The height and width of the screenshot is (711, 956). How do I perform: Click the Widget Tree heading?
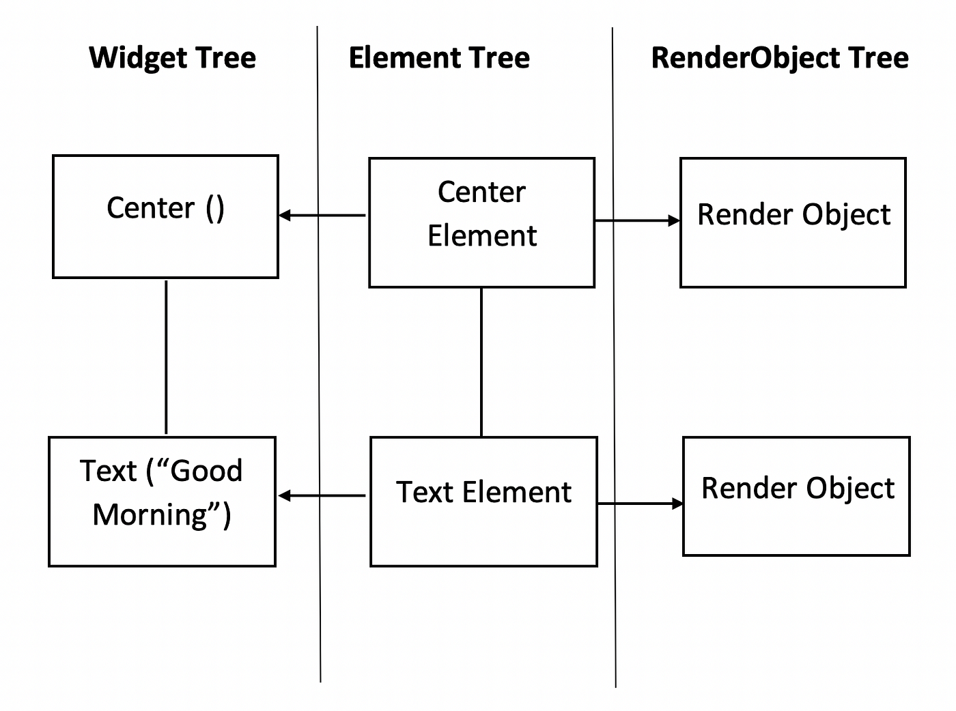(172, 58)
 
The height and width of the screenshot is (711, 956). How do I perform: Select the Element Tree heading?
(439, 58)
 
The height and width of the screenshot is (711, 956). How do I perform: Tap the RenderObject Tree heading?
(780, 58)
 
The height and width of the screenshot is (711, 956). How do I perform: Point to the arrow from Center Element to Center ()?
(322, 215)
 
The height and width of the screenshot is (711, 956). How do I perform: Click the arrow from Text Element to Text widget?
(322, 495)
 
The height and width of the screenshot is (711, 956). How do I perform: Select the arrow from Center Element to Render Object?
(638, 220)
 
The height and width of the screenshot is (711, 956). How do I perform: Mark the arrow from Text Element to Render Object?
(641, 504)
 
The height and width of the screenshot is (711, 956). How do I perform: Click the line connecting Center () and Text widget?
(166, 358)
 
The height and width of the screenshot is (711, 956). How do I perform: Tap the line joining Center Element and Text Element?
(481, 362)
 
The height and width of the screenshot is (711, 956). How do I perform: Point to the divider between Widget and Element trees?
(319, 354)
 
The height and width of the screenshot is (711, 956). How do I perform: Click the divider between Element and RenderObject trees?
(614, 358)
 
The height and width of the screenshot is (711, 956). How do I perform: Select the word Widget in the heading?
(138, 58)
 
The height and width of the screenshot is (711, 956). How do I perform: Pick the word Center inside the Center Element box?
(481, 192)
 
